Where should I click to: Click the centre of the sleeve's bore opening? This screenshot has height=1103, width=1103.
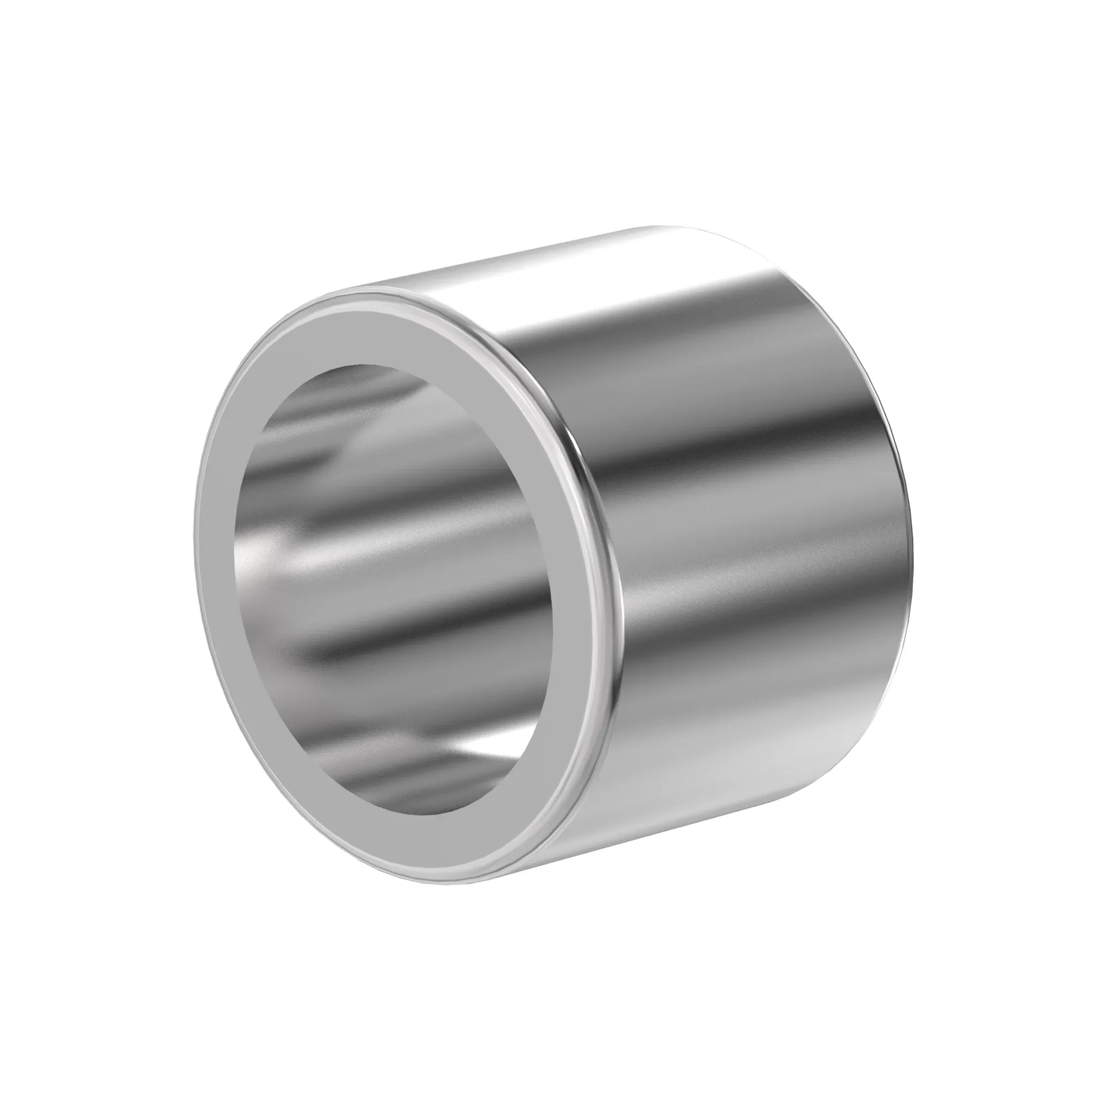pyautogui.click(x=394, y=594)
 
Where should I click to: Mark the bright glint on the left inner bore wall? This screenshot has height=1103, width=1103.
pyautogui.click(x=251, y=554)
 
